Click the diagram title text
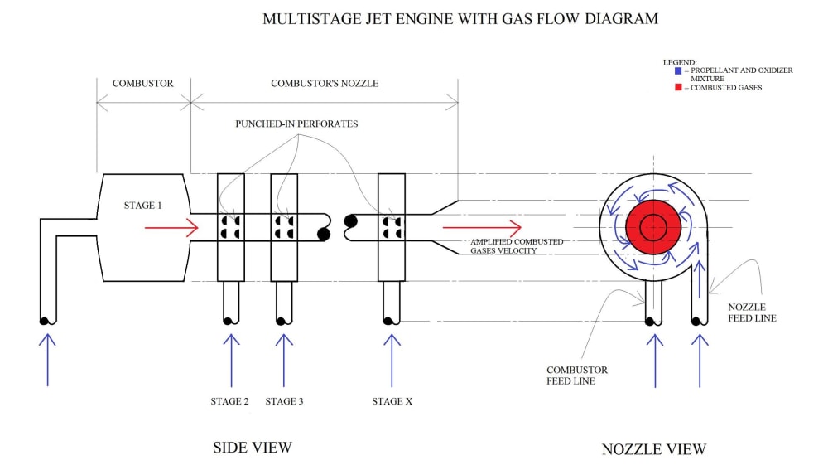click(x=460, y=19)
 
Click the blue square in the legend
click(x=678, y=70)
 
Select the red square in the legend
click(x=678, y=87)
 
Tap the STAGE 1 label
click(x=142, y=205)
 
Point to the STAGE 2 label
click(x=229, y=401)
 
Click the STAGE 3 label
click(x=284, y=401)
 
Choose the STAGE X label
click(x=392, y=401)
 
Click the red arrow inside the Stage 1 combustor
click(x=171, y=228)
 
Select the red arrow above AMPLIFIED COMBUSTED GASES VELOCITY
click(x=482, y=227)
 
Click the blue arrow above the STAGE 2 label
click(x=231, y=361)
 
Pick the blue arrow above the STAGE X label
click(x=392, y=361)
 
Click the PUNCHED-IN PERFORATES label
click(x=296, y=124)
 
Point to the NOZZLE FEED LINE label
click(x=752, y=313)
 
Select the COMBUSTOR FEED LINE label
click(x=576, y=376)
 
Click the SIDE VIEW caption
click(x=253, y=448)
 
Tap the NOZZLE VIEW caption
click(x=654, y=448)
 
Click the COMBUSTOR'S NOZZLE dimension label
click(x=325, y=84)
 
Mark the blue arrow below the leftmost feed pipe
click(x=47, y=360)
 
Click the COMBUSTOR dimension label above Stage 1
click(x=142, y=84)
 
